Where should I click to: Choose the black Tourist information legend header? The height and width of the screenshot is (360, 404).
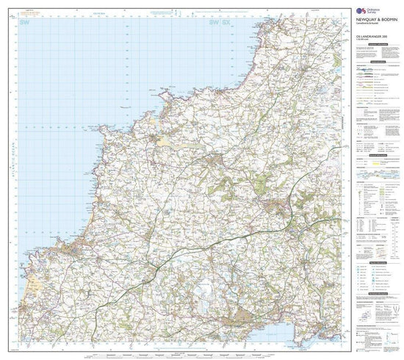coord(375,169)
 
